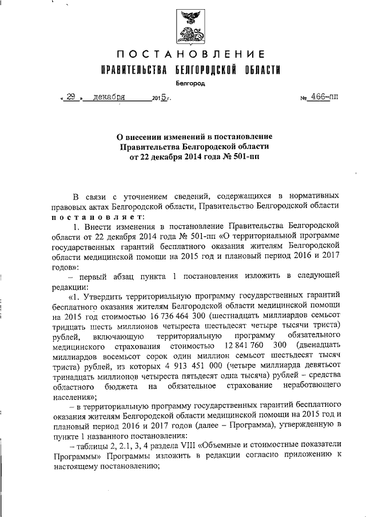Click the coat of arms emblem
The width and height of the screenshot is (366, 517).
tap(190, 27)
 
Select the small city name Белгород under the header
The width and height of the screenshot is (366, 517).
tap(190, 83)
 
